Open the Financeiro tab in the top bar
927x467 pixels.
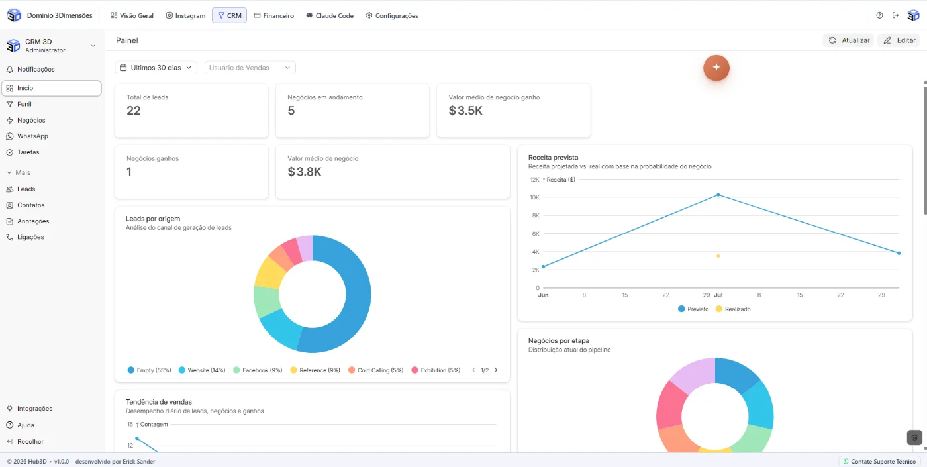[273, 15]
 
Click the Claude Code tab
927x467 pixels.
[330, 15]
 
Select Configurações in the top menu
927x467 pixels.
[392, 15]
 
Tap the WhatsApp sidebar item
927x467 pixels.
[32, 136]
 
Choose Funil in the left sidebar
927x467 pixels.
[24, 104]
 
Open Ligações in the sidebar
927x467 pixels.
[30, 237]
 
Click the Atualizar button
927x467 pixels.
[848, 40]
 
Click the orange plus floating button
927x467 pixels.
[716, 68]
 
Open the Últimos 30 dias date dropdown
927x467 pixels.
[156, 68]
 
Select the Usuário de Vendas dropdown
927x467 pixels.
[250, 68]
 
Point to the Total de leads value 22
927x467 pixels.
[134, 111]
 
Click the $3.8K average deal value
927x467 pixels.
[305, 172]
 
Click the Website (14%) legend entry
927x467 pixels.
[202, 370]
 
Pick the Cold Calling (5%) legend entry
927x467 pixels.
[376, 370]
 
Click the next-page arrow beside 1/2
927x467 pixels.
[496, 370]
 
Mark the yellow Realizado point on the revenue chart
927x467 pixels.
[718, 256]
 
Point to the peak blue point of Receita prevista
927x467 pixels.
[718, 195]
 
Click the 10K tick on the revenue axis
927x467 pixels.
[535, 197]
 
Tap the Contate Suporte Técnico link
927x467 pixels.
[879, 461]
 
